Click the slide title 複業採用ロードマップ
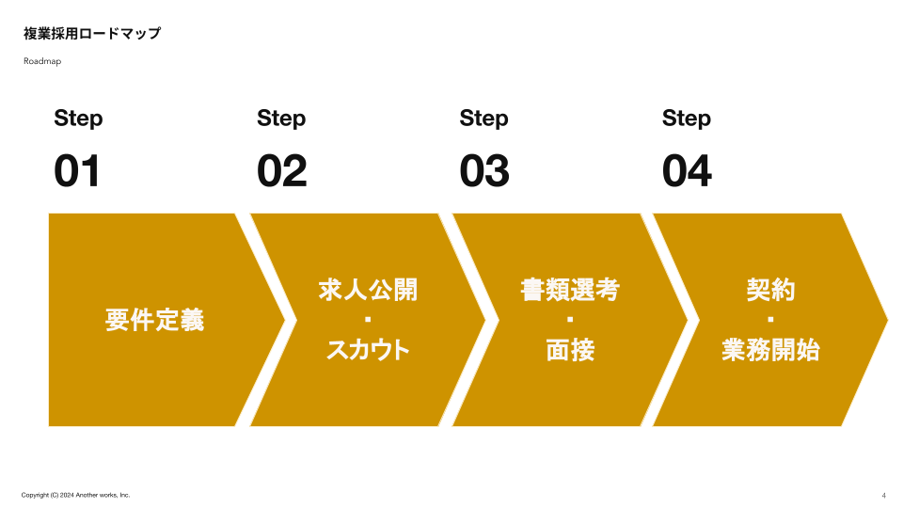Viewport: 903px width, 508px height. [x=92, y=34]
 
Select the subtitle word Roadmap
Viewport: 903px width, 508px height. [x=42, y=61]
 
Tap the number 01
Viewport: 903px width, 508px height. [x=77, y=172]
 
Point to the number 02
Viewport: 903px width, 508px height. [x=281, y=172]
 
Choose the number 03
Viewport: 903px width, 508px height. [x=484, y=172]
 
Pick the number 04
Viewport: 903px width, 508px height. [x=687, y=172]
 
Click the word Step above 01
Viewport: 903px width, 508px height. [x=78, y=119]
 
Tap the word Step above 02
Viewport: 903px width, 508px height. [x=281, y=119]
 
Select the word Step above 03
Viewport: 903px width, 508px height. [x=483, y=119]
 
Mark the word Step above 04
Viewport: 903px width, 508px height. [x=687, y=119]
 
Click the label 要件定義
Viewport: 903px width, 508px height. [x=154, y=320]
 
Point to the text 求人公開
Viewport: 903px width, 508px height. [x=368, y=290]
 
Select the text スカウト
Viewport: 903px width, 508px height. [x=368, y=350]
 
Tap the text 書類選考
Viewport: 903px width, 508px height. [x=570, y=290]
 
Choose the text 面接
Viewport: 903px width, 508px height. [x=570, y=350]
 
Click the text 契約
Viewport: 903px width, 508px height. [x=770, y=290]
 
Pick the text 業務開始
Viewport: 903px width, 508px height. [x=770, y=350]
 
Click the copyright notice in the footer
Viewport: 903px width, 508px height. [x=75, y=495]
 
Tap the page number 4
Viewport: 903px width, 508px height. [x=883, y=496]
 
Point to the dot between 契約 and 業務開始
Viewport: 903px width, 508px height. [x=770, y=321]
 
